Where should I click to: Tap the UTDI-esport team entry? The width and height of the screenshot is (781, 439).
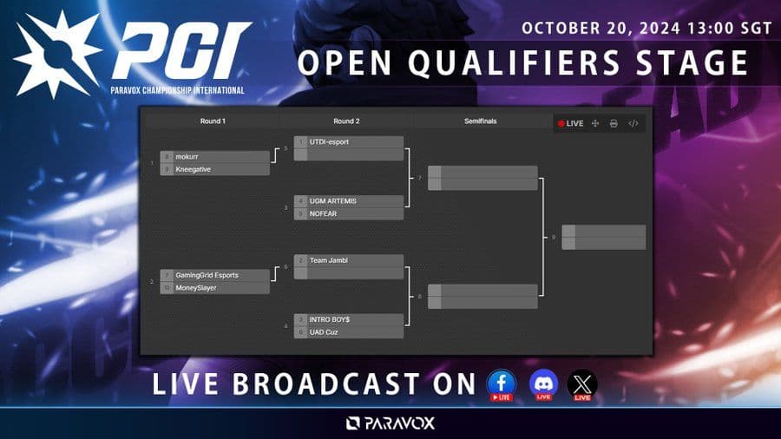(349, 142)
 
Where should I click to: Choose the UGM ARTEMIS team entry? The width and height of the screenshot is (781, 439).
(349, 201)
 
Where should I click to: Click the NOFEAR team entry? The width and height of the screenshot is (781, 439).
(349, 213)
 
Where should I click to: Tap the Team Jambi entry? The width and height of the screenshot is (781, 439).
(349, 260)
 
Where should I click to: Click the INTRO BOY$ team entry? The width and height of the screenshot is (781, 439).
(349, 319)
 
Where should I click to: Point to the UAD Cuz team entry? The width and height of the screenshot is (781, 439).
(349, 331)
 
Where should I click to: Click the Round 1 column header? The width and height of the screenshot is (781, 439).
(212, 121)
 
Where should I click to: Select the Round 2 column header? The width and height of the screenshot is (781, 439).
(346, 121)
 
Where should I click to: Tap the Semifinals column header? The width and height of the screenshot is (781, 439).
(481, 121)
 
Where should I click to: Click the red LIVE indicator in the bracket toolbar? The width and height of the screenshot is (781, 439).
(570, 123)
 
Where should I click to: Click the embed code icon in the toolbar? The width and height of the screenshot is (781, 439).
(633, 123)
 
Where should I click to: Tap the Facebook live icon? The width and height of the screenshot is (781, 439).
(502, 383)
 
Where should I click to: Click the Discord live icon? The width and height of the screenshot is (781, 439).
(543, 383)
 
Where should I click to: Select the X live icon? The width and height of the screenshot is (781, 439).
(582, 383)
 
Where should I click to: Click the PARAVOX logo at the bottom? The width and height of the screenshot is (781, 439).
(390, 423)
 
